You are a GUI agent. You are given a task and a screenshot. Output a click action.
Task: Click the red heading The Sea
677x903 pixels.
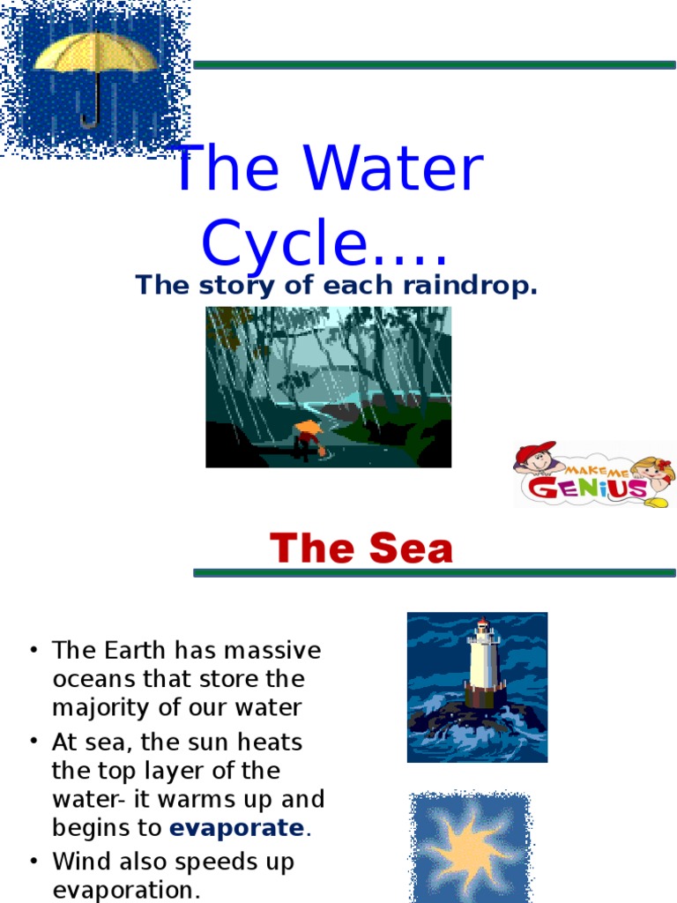tap(361, 549)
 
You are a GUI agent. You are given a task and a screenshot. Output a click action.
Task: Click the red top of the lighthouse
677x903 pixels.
tap(482, 623)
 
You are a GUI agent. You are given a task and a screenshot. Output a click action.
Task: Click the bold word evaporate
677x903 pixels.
tap(236, 828)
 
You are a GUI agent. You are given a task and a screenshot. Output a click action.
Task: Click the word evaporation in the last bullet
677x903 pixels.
tap(126, 890)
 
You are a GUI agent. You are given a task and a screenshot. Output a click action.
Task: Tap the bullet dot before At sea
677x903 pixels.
tap(33, 743)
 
